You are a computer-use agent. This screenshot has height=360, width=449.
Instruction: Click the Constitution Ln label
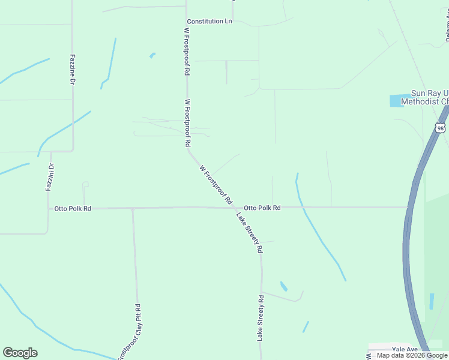(x=209, y=22)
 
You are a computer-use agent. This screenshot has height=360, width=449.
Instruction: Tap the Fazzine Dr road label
(x=73, y=67)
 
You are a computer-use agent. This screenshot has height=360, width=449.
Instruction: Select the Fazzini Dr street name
(x=50, y=178)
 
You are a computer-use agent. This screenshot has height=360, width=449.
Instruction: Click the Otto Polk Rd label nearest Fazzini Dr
(x=73, y=208)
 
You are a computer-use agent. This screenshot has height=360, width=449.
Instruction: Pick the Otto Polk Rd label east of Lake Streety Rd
(x=262, y=208)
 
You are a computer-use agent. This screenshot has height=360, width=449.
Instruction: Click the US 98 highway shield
(x=441, y=128)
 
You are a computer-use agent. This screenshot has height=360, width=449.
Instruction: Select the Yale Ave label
(x=404, y=349)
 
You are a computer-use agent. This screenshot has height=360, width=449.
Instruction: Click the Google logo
(x=20, y=353)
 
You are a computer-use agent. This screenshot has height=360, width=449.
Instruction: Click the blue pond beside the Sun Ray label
(x=397, y=101)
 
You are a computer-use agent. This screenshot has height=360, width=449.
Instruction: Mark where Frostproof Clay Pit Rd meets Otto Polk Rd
(x=133, y=208)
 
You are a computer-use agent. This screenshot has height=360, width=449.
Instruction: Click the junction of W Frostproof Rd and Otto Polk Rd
(x=233, y=208)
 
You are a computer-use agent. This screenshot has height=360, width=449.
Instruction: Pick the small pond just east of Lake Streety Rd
(x=283, y=286)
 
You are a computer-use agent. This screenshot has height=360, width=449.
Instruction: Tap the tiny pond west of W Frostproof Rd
(x=152, y=55)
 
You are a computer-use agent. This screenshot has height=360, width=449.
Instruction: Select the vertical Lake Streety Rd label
(x=261, y=318)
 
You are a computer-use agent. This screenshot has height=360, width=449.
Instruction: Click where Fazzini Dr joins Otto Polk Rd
(x=49, y=208)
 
